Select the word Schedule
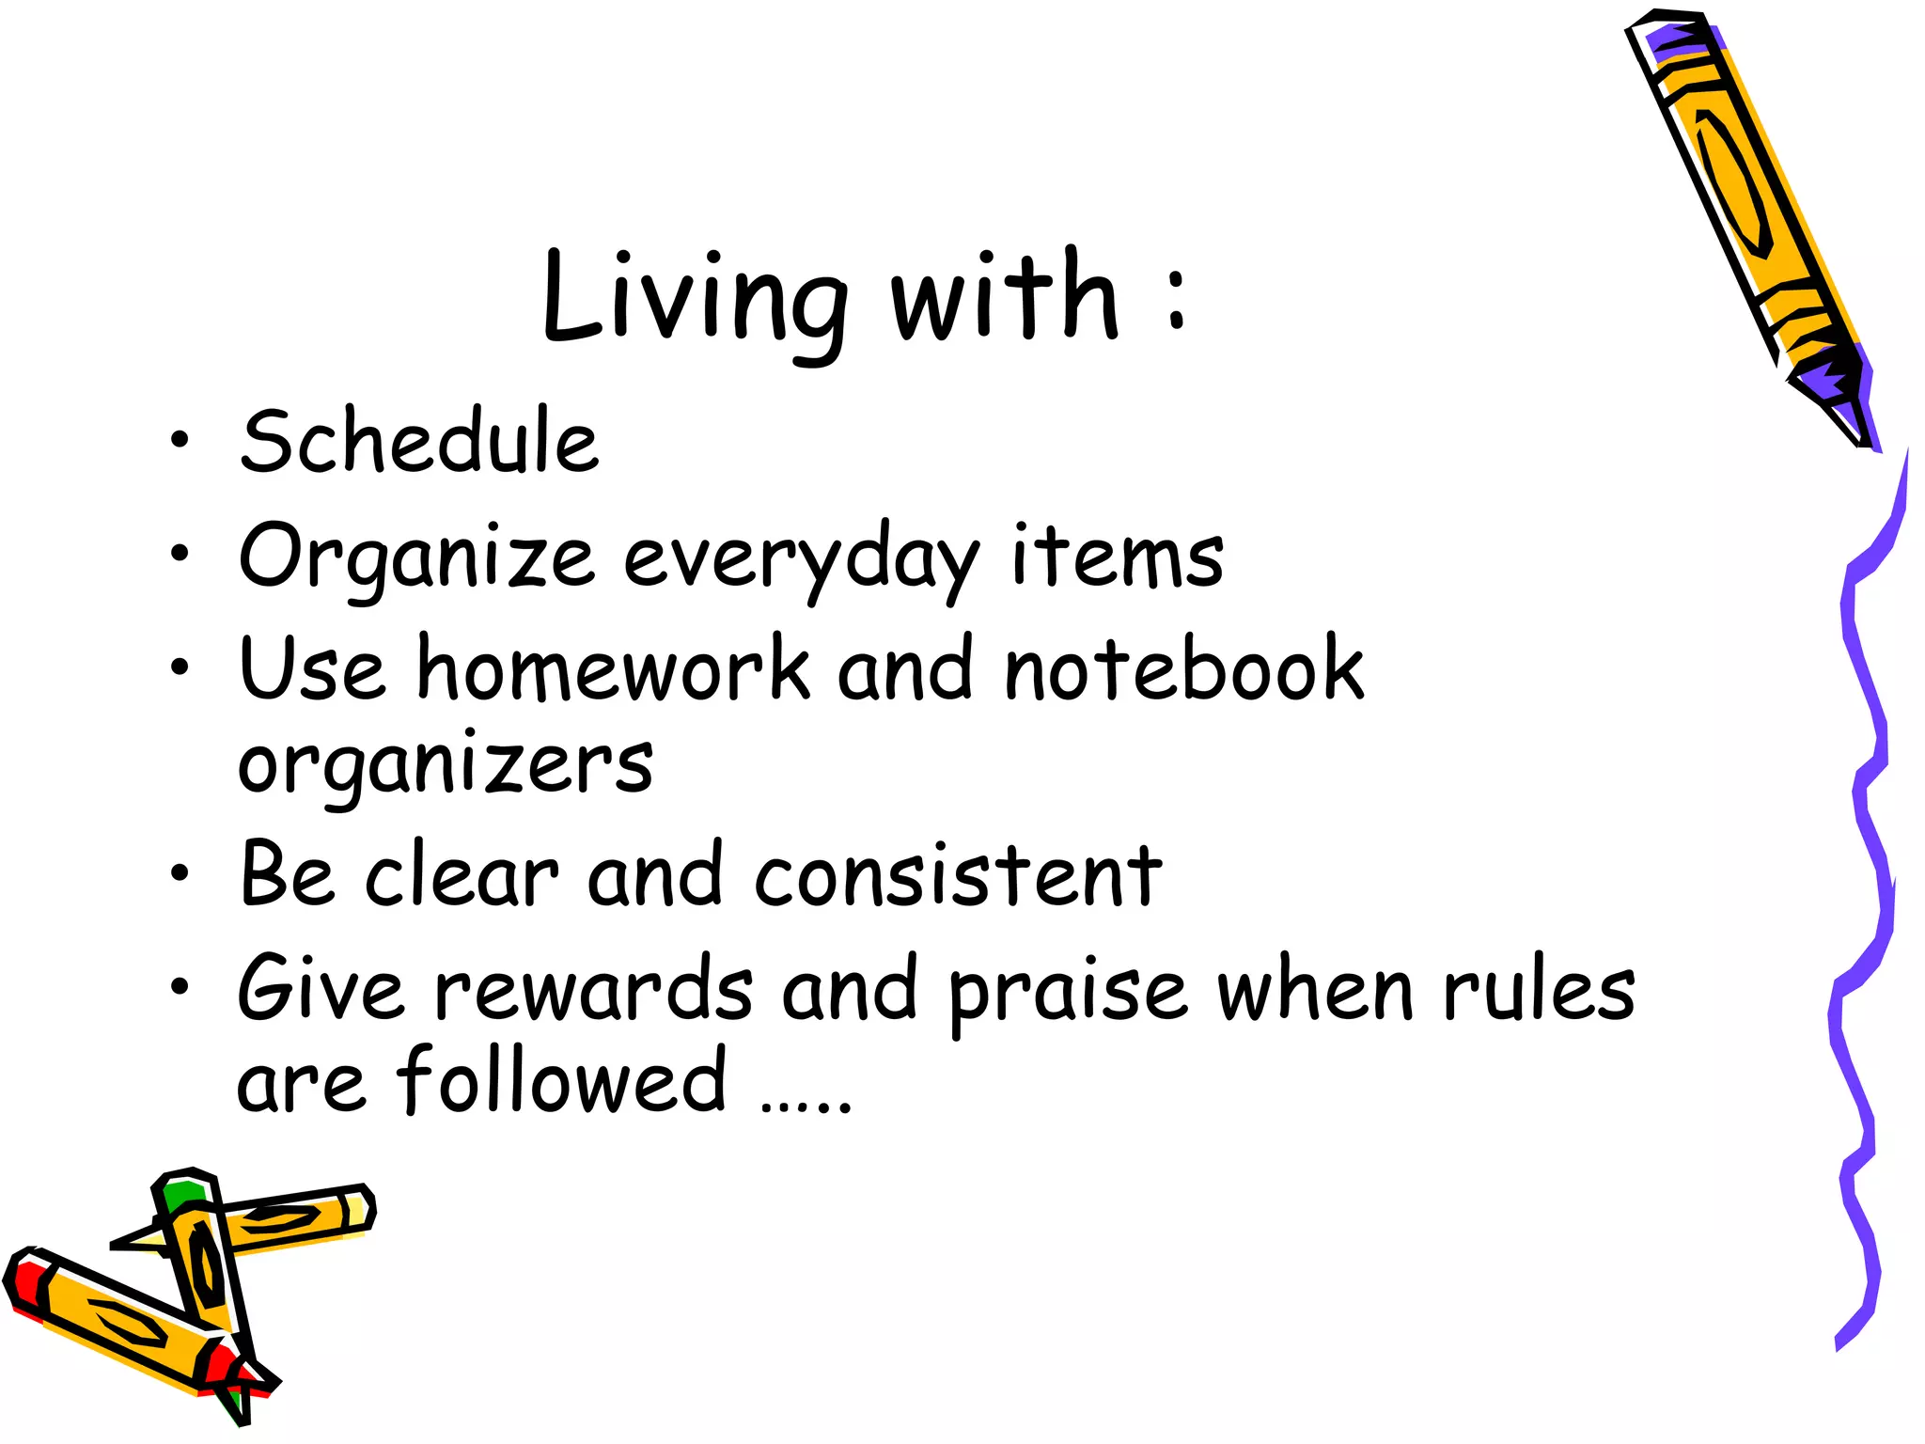click(x=419, y=442)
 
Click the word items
click(x=1118, y=557)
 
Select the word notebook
click(x=1183, y=668)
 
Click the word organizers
click(x=445, y=764)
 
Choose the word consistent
click(x=958, y=876)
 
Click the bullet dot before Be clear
click(x=180, y=874)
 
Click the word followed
click(x=561, y=1081)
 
